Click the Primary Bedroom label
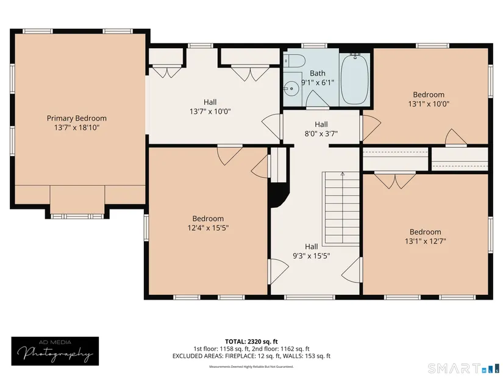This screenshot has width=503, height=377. point(77,118)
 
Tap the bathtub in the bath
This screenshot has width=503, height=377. point(355,79)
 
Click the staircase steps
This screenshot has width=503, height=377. point(341,209)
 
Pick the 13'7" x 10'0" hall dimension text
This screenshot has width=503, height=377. point(210,111)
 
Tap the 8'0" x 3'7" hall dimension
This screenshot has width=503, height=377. point(321,133)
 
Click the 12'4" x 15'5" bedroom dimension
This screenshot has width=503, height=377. point(208,228)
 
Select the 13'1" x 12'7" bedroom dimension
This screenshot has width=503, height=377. point(426,241)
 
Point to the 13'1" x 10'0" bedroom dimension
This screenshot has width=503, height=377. point(429,104)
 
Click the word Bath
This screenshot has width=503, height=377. point(318,74)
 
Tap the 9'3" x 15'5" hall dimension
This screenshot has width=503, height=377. point(312,256)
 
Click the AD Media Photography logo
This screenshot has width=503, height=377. point(55,351)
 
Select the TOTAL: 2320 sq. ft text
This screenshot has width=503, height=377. point(251,342)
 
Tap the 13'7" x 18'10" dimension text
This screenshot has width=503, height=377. point(77,127)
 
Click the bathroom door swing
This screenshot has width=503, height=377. point(317,99)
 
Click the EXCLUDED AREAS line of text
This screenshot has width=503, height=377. point(251,356)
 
